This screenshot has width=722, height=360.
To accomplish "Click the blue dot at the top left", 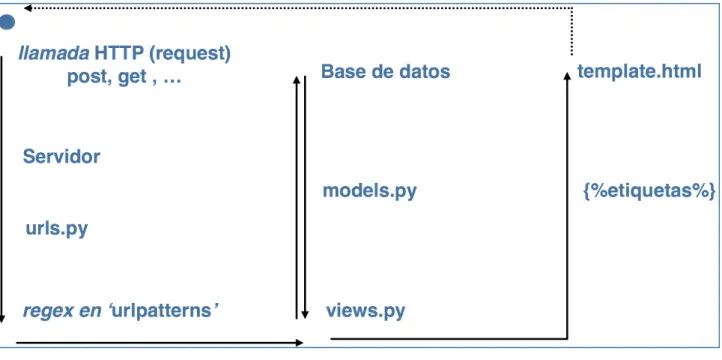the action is pyautogui.click(x=6, y=22).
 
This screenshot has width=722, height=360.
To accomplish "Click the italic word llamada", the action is pyautogui.click(x=53, y=54).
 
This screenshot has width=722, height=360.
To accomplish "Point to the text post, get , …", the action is pyautogui.click(x=124, y=78).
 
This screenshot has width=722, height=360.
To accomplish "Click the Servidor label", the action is pyautogui.click(x=61, y=157).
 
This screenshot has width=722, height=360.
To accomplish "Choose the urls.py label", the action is pyautogui.click(x=56, y=228).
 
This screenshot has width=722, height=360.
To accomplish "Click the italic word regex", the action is pyautogui.click(x=48, y=312).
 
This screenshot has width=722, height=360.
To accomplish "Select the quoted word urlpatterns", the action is pyautogui.click(x=163, y=311).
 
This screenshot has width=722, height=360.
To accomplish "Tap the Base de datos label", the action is pyautogui.click(x=385, y=71).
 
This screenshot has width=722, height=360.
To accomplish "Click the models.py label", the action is pyautogui.click(x=369, y=191).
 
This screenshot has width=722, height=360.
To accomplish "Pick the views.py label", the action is pyautogui.click(x=366, y=311).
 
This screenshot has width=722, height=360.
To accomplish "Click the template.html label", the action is pyautogui.click(x=640, y=71).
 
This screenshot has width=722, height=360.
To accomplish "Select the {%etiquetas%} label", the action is pyautogui.click(x=649, y=191).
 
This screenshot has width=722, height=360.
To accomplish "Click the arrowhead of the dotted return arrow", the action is pyautogui.click(x=27, y=8).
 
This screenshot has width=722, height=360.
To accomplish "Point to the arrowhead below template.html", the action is pyautogui.click(x=567, y=75).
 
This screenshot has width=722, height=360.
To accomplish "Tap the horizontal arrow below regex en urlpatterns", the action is pyautogui.click(x=159, y=343).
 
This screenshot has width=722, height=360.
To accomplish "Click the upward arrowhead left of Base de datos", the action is pyautogui.click(x=297, y=80).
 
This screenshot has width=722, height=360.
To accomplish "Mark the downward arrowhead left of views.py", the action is pyautogui.click(x=304, y=314).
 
